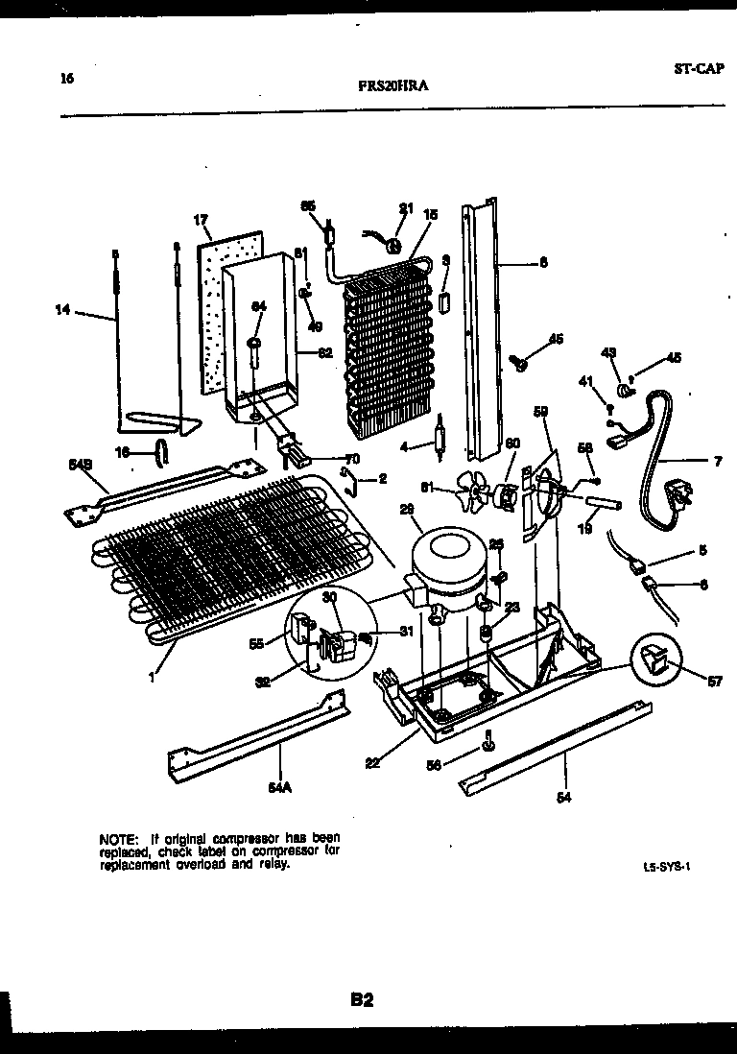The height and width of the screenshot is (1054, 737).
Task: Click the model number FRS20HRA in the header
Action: coord(393,85)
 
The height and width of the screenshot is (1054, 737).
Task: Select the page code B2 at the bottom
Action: coord(361,1001)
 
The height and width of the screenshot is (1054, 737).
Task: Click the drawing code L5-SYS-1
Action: coord(667,865)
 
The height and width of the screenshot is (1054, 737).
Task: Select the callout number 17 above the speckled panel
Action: coord(202,220)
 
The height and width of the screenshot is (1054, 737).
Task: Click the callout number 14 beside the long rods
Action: coord(62,309)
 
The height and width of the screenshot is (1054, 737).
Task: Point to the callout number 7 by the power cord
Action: coord(718,462)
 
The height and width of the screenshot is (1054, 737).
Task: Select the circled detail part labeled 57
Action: coord(654,661)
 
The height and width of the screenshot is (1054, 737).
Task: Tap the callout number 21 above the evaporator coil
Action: coord(405,208)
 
